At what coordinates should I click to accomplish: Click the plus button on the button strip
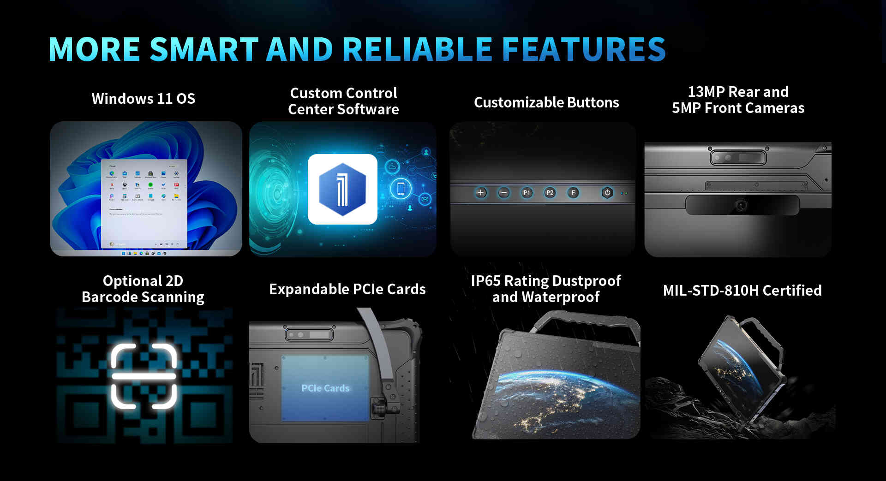[x=480, y=193]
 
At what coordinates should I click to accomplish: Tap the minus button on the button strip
[x=504, y=193]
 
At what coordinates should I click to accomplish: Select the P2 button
[x=550, y=193]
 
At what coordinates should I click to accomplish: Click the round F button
[x=573, y=193]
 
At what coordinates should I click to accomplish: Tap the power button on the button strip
[x=607, y=193]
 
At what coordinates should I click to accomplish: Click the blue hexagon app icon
[x=342, y=190]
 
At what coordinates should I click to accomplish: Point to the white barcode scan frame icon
[x=144, y=376]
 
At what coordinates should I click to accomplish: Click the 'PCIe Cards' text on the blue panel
[x=325, y=388]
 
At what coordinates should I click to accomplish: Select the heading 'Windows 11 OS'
[x=144, y=99]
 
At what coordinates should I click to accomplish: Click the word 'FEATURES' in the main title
[x=584, y=49]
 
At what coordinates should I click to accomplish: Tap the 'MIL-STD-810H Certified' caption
[x=742, y=291]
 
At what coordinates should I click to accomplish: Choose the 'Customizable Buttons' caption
[x=546, y=102]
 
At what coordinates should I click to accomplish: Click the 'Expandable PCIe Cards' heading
[x=347, y=289]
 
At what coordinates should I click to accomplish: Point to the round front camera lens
[x=741, y=205]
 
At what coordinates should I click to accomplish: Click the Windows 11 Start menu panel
[x=144, y=203]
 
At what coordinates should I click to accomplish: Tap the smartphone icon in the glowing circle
[x=401, y=188]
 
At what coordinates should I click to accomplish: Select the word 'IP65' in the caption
[x=485, y=281]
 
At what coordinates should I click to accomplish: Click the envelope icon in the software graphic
[x=425, y=199]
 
